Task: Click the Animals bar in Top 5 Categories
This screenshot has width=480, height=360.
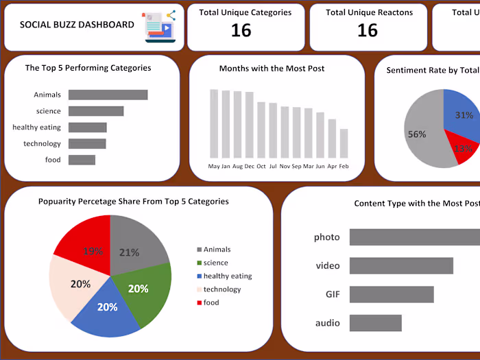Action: (x=108, y=95)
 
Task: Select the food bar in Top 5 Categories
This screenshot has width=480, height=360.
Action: (x=82, y=160)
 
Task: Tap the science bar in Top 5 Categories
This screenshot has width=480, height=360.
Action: (x=96, y=111)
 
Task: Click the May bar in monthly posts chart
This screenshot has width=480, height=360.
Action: (x=214, y=123)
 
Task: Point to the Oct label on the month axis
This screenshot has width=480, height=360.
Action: (x=261, y=167)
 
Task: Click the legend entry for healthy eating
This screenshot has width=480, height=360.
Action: (x=227, y=276)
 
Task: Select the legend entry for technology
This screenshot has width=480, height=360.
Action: (x=221, y=289)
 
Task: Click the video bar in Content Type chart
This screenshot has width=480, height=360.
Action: (x=401, y=266)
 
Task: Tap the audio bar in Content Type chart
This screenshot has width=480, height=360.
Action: (x=375, y=323)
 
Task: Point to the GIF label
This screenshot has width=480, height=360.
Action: (x=333, y=294)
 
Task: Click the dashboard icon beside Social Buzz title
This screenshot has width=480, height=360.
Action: (x=159, y=26)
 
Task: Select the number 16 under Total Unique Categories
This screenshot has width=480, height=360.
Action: (x=241, y=30)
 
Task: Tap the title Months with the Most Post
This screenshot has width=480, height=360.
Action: (x=272, y=69)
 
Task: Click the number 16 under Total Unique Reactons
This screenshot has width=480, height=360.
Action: (x=368, y=30)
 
